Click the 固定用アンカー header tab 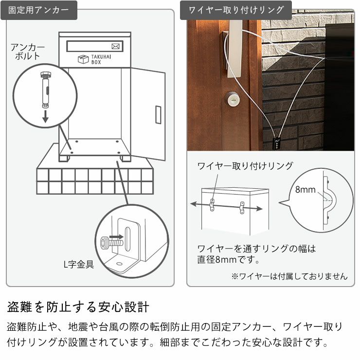click(x=38, y=10)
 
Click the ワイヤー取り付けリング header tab click(x=235, y=10)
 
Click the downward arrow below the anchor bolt click(x=45, y=116)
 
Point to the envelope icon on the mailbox click(x=116, y=47)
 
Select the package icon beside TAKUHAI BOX click(x=82, y=60)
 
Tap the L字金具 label click(x=79, y=265)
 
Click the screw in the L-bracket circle click(x=105, y=241)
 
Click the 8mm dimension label click(x=305, y=190)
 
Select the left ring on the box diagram click(x=213, y=205)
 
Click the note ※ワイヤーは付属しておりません click(x=289, y=276)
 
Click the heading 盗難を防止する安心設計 click(x=78, y=307)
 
